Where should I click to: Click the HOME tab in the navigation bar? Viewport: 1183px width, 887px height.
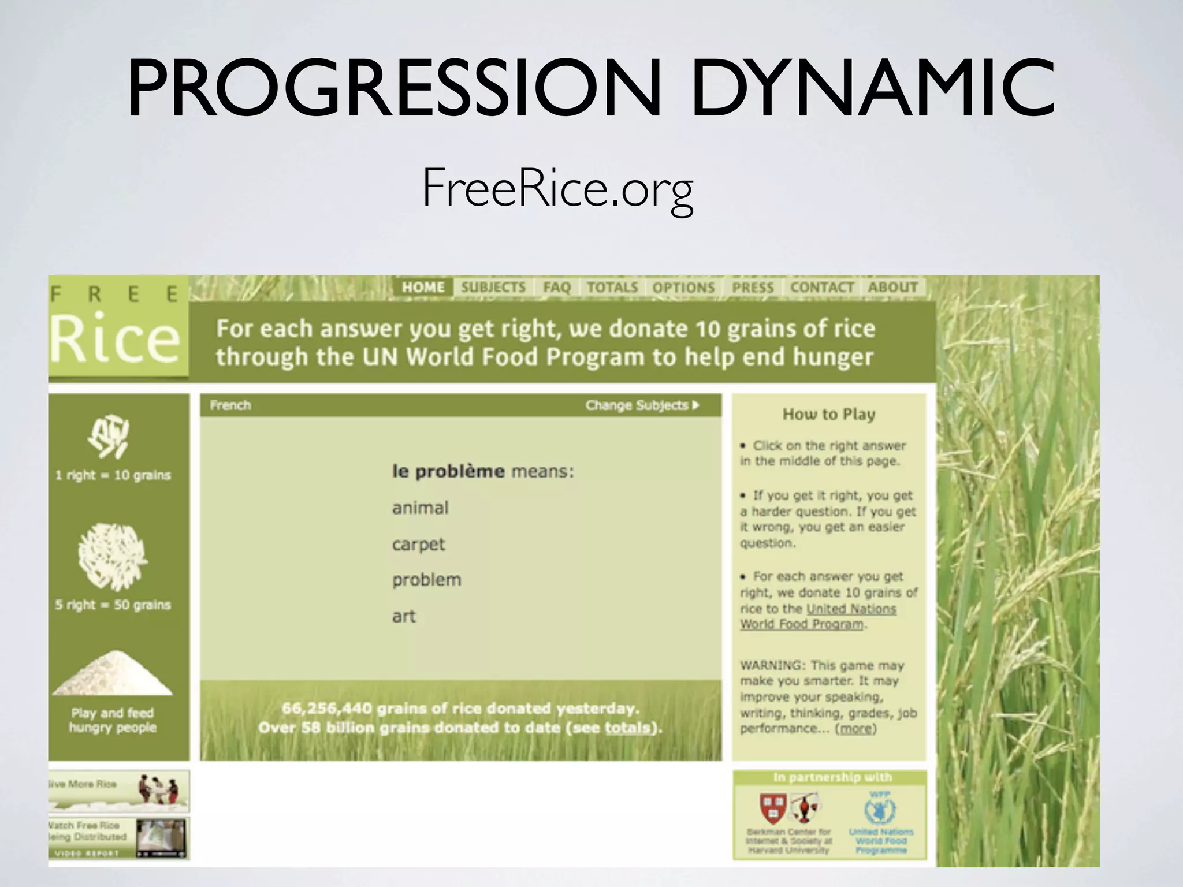pos(423,287)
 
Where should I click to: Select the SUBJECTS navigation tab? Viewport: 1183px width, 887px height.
pos(493,287)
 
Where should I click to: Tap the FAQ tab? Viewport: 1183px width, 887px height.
pos(556,287)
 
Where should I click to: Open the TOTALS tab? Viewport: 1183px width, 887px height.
pos(612,287)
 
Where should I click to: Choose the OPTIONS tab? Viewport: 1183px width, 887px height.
pos(683,287)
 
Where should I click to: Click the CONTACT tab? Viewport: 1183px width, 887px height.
pos(822,287)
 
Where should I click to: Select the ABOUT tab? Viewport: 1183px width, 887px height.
pos(892,287)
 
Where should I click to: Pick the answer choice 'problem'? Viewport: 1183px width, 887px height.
pos(426,580)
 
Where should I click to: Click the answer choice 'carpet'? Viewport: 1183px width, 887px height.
pos(418,544)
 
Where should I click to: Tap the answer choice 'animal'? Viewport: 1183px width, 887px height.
pos(420,508)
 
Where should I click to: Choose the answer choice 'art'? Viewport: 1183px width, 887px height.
pos(404,616)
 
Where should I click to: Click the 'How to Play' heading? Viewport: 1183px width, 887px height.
pos(829,414)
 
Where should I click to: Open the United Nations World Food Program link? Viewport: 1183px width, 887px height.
pos(817,617)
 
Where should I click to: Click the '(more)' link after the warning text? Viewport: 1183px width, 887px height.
pos(855,728)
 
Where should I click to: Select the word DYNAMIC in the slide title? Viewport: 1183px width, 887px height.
pos(872,90)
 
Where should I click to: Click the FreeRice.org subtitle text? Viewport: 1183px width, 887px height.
pos(557,188)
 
